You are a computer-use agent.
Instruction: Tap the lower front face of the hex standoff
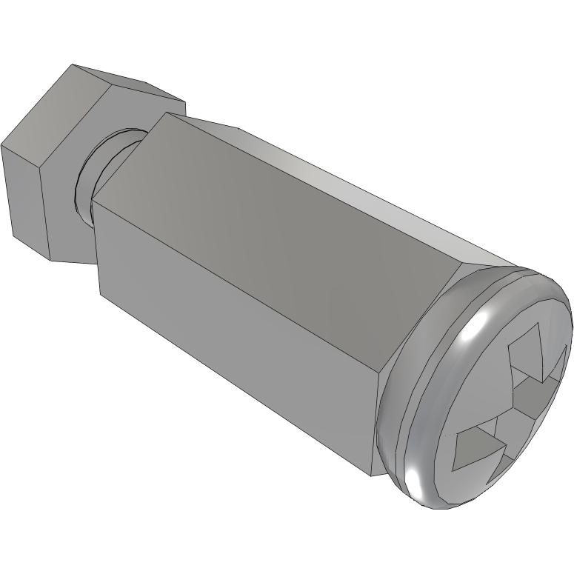pyautogui.click(x=237, y=341)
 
